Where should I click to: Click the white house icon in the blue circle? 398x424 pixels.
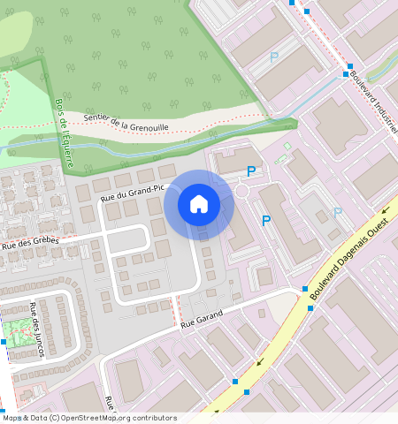coord(199,205)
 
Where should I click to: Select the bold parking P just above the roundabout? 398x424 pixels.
coord(252,172)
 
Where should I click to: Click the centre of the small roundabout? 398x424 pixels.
coord(244,190)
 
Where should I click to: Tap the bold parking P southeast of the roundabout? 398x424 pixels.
coord(265,220)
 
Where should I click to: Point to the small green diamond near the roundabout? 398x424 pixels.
coord(287,146)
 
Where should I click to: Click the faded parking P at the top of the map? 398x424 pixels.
coord(274,57)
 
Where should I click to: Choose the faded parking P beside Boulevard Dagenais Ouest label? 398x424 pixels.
coord(337,213)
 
